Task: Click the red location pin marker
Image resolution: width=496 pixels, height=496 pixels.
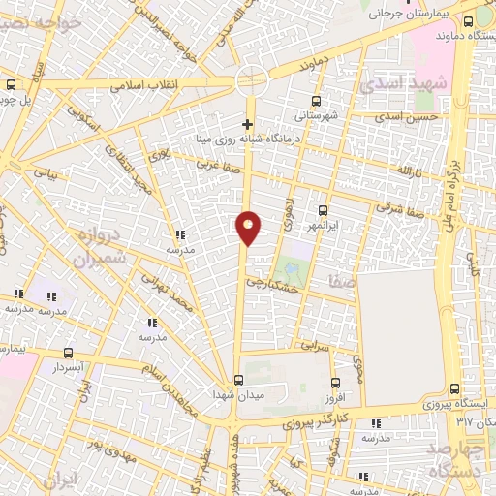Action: (x=249, y=228)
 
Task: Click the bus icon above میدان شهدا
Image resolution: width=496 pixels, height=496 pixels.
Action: (x=238, y=380)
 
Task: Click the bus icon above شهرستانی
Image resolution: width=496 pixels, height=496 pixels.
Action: (x=317, y=101)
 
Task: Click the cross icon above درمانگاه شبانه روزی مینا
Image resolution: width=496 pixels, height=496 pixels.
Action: (x=248, y=124)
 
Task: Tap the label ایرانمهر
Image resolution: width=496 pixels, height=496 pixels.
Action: (x=324, y=225)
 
